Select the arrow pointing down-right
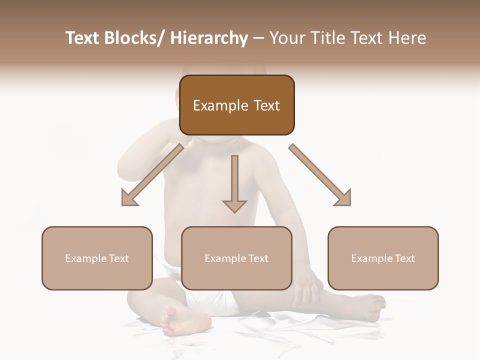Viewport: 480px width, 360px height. (x=320, y=175)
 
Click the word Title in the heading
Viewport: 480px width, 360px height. (x=323, y=38)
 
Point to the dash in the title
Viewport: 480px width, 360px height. (x=258, y=38)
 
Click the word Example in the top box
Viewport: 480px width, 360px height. (x=220, y=106)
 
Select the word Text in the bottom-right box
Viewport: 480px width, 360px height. (x=404, y=258)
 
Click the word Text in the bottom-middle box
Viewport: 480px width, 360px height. (x=257, y=258)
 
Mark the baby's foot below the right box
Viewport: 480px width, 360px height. (x=372, y=305)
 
